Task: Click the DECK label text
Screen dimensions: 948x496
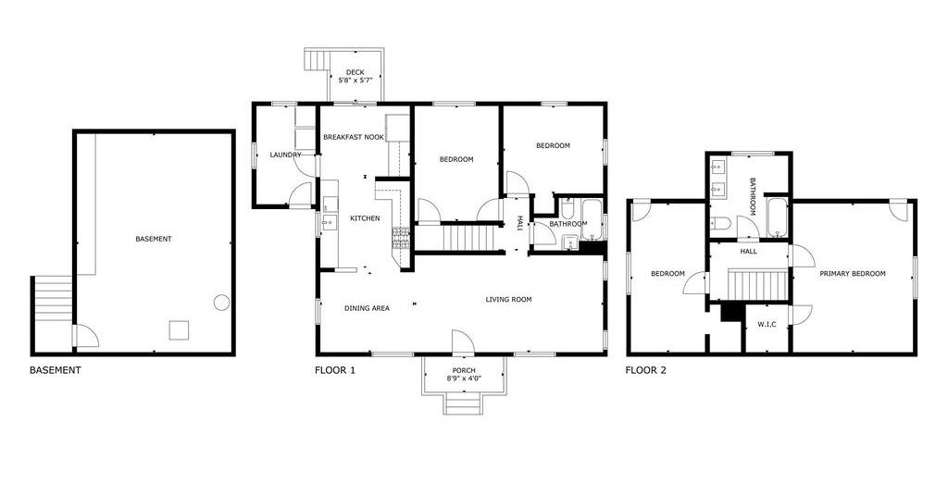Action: click(x=355, y=72)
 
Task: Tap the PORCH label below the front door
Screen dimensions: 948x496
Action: click(x=464, y=370)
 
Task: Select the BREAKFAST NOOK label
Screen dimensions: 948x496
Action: click(x=353, y=137)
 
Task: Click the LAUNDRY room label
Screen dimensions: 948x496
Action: click(x=285, y=155)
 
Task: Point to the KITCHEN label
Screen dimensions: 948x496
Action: click(x=365, y=218)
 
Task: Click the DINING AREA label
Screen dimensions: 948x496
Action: click(x=367, y=308)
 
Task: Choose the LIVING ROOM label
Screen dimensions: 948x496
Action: click(x=508, y=299)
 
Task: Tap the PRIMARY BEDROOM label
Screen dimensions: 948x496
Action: click(x=853, y=274)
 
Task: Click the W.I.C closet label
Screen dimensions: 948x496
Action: click(x=767, y=325)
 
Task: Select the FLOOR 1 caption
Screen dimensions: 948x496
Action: click(x=335, y=370)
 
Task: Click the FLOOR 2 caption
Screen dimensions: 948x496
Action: click(x=645, y=370)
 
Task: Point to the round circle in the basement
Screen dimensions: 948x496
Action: click(x=221, y=302)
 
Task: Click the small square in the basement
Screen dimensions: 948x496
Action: click(x=179, y=330)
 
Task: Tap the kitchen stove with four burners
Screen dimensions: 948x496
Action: click(x=401, y=238)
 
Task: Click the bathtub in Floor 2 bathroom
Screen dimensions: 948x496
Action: click(x=777, y=217)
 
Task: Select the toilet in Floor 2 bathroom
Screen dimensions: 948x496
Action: click(x=720, y=224)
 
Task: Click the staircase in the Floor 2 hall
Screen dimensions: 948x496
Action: click(x=759, y=285)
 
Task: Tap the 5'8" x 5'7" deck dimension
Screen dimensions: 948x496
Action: click(x=355, y=80)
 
